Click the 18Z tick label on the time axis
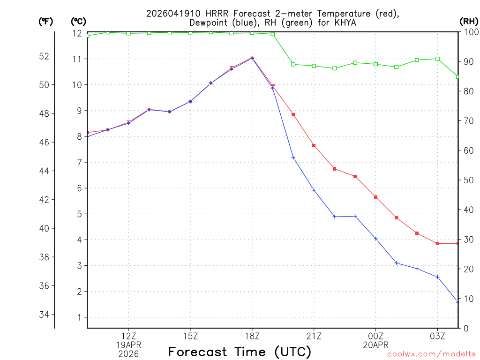[x=252, y=336]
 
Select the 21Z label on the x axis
[x=314, y=336]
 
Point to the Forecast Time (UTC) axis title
[x=240, y=352]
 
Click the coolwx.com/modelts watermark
[x=431, y=354]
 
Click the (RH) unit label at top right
[x=468, y=22]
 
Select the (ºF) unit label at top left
[x=45, y=22]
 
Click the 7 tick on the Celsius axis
[x=79, y=163]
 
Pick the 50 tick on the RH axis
[x=468, y=180]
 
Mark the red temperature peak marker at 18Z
[x=252, y=58]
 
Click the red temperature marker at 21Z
[x=314, y=145]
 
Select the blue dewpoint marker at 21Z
[x=314, y=190]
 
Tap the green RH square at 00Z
[x=375, y=64]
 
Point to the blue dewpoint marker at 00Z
[x=375, y=239]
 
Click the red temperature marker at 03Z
[x=437, y=243]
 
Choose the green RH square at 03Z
[x=437, y=59]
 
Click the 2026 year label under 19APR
[x=128, y=353]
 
